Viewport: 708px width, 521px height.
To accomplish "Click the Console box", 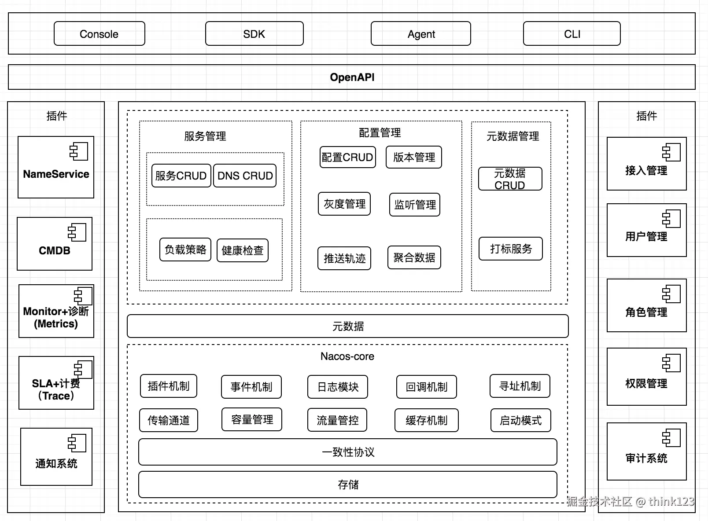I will [x=100, y=34].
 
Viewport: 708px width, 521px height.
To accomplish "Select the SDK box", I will [x=254, y=34].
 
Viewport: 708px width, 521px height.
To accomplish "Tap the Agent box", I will [x=421, y=34].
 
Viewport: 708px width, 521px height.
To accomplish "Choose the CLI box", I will [x=572, y=34].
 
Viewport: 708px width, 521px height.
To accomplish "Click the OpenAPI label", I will [x=352, y=77].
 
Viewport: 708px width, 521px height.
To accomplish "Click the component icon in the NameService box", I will [x=79, y=151].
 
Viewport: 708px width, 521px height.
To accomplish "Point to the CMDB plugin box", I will [x=55, y=244].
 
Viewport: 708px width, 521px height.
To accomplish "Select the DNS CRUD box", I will [x=245, y=176].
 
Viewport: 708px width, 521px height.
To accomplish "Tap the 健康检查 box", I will [x=242, y=250].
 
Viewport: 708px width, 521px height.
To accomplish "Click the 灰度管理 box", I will [x=344, y=204].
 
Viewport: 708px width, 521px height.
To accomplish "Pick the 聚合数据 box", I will [x=414, y=257].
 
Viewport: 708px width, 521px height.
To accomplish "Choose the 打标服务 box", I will [x=511, y=249].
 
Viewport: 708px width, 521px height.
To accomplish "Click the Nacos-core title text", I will [x=347, y=356].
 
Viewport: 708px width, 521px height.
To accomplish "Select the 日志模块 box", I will [x=338, y=387].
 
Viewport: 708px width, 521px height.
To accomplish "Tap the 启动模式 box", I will [x=520, y=420].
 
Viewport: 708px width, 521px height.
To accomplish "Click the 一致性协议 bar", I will [x=348, y=452].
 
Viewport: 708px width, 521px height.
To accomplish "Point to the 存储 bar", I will [x=348, y=484].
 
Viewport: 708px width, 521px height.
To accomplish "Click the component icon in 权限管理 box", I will [x=671, y=363].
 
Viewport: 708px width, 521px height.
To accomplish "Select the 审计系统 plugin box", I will [x=646, y=451].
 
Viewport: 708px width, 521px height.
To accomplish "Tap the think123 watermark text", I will [x=671, y=501].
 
